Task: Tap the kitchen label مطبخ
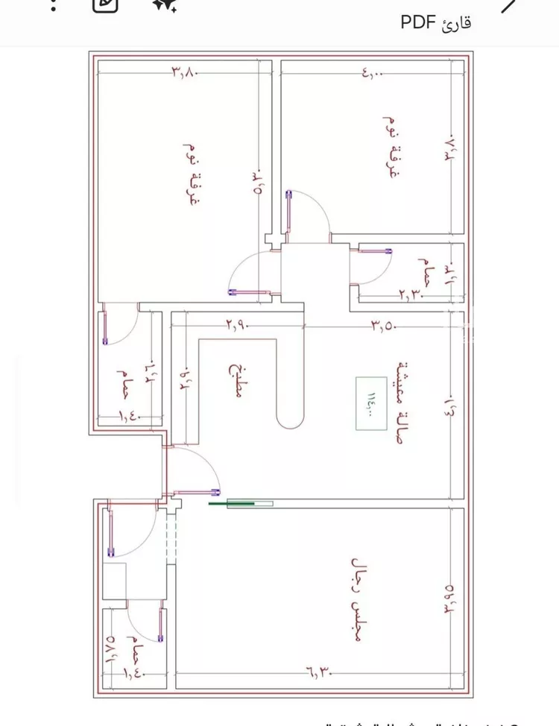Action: tap(236, 382)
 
